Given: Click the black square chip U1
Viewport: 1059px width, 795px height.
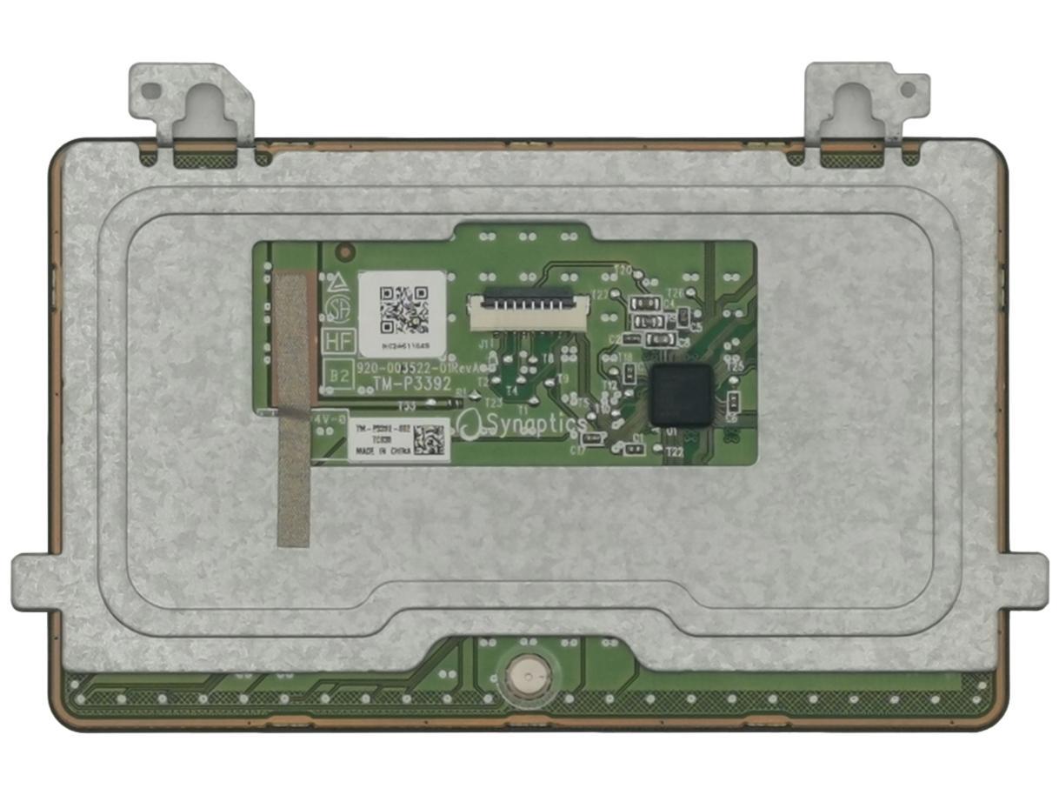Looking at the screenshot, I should click(681, 395).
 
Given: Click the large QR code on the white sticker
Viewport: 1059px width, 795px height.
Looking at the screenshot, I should click(403, 310).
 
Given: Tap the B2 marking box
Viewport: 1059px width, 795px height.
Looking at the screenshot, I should click(337, 376).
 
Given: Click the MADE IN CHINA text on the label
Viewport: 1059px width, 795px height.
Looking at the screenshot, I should click(379, 452).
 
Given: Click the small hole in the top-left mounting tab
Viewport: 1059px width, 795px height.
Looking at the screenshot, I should click(151, 90).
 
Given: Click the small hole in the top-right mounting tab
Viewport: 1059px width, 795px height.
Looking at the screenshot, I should click(908, 89).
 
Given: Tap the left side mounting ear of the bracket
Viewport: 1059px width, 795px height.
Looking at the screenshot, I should click(33, 583).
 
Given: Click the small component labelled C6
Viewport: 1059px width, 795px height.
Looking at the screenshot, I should click(732, 402).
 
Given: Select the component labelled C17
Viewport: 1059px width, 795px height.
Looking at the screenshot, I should click(593, 440).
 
